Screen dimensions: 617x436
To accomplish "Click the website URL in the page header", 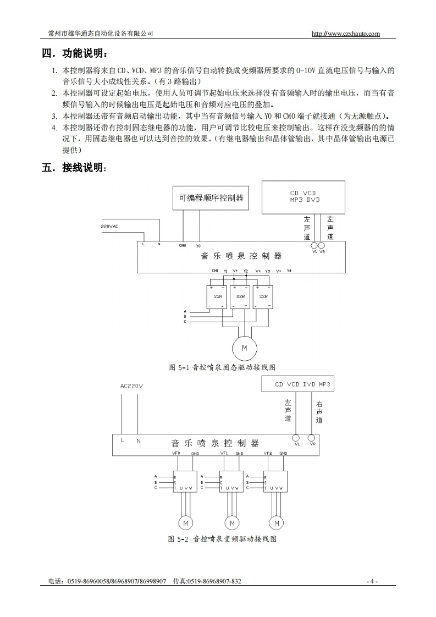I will click(x=345, y=34).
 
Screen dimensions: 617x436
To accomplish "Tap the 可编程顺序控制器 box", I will click(x=211, y=197).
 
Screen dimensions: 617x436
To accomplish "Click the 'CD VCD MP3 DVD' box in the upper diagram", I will click(x=304, y=197).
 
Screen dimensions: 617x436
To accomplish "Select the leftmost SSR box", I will click(x=217, y=297).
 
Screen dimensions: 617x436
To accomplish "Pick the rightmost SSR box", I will click(x=263, y=297).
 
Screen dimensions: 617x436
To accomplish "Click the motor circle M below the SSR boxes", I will click(x=245, y=348).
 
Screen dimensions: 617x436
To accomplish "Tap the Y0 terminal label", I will click(x=198, y=245).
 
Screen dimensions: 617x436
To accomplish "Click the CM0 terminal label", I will click(x=183, y=245).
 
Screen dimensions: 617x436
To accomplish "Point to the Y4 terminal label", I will click(x=289, y=271).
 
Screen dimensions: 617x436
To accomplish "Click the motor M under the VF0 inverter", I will click(x=185, y=522).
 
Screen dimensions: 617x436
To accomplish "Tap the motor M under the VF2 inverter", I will click(x=277, y=522).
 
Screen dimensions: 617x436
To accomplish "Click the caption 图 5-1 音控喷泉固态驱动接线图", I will click(x=222, y=367).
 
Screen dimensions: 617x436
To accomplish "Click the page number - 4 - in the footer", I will click(x=372, y=581).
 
